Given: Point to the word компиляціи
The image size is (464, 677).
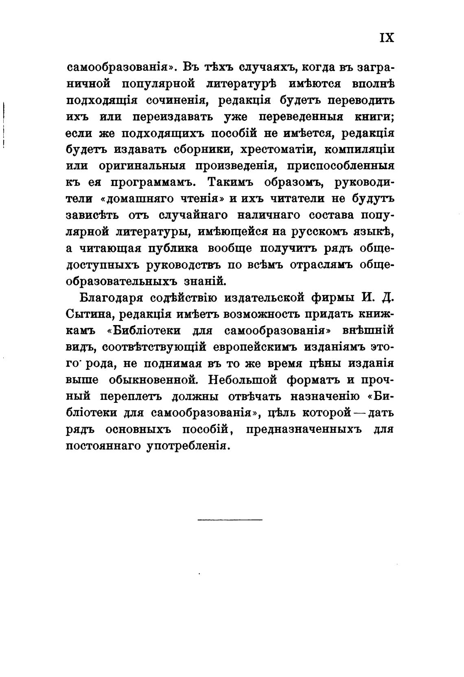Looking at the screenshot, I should [x=359, y=149].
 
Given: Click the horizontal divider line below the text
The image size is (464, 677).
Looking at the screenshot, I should [x=230, y=520].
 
